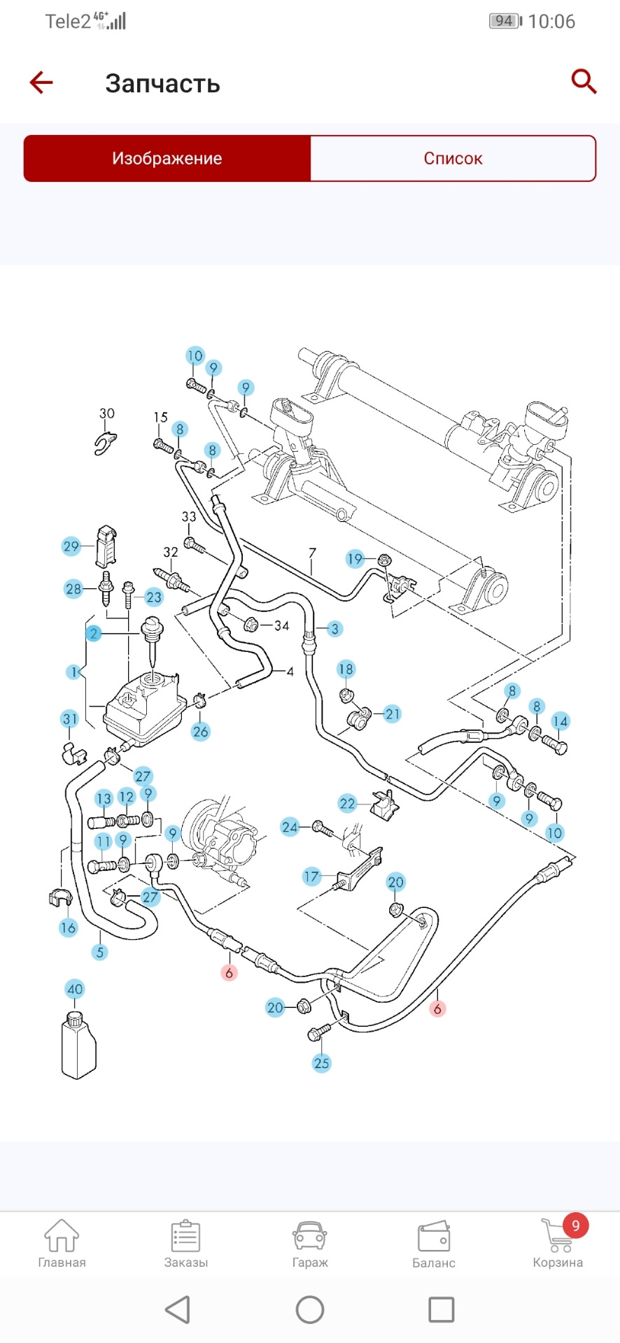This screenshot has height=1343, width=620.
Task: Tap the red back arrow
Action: [41, 83]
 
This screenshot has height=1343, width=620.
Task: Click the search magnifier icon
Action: [584, 81]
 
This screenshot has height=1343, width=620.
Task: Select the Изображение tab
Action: [167, 158]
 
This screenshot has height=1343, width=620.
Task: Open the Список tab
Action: [453, 158]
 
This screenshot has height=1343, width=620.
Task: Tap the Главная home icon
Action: [62, 1235]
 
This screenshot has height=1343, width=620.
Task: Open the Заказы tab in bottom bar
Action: [186, 1235]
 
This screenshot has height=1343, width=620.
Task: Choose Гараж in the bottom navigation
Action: [310, 1235]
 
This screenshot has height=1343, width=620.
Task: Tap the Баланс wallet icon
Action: [434, 1237]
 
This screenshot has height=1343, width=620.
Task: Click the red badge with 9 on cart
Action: [576, 1225]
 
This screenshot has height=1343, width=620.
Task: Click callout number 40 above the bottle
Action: [75, 989]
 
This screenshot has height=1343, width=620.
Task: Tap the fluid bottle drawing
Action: [78, 1045]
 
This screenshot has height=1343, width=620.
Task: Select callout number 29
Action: [71, 546]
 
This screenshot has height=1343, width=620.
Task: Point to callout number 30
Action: [107, 413]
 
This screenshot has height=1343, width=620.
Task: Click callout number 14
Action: [561, 721]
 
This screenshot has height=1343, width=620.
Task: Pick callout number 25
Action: [321, 1063]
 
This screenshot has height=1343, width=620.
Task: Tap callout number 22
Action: [348, 804]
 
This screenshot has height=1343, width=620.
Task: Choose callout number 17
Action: [311, 876]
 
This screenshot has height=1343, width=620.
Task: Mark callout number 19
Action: [355, 558]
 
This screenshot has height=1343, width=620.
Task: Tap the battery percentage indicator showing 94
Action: [505, 21]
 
